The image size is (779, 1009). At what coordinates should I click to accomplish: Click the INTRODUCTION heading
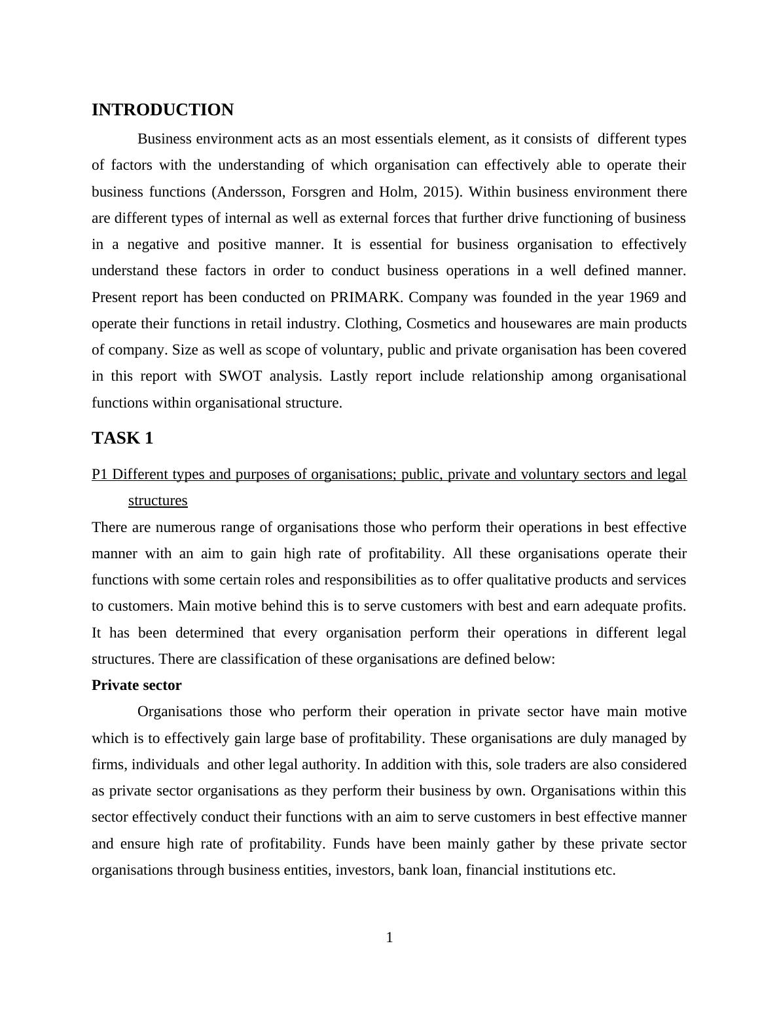point(162,110)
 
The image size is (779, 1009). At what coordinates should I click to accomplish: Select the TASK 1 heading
point(122,438)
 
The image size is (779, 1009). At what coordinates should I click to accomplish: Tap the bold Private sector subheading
point(136,685)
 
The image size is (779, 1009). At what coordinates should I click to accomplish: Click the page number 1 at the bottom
point(389,938)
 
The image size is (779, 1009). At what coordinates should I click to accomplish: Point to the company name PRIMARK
point(367,297)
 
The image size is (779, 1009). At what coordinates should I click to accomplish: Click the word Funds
point(352,844)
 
